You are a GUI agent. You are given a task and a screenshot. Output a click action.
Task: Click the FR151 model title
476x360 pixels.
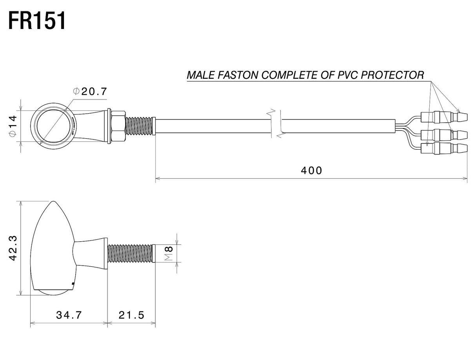(x=37, y=21)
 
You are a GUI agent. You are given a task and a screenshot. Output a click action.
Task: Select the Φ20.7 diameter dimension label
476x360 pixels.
(x=90, y=91)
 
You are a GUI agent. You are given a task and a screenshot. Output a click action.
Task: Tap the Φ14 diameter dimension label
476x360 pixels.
(x=13, y=126)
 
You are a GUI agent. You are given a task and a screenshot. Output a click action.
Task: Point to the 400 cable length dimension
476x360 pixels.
(x=311, y=171)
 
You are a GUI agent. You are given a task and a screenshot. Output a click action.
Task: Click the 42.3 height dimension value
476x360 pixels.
(x=13, y=248)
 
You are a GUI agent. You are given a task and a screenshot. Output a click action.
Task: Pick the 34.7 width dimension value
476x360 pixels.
(x=69, y=315)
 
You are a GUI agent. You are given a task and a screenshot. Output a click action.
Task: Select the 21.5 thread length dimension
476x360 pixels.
(x=131, y=315)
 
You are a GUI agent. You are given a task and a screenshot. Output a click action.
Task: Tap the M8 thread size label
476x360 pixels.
(x=169, y=253)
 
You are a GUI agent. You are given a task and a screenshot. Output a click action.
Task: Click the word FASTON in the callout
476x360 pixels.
(x=238, y=75)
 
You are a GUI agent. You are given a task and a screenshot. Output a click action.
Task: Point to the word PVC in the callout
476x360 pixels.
(x=348, y=75)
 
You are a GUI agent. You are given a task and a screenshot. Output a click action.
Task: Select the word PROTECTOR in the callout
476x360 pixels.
(x=392, y=75)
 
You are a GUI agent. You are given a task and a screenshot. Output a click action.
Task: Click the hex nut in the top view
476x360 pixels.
(x=118, y=126)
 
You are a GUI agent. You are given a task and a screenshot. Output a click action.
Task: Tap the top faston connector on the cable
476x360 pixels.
(x=444, y=117)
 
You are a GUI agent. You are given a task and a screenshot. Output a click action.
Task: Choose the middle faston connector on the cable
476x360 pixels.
(x=444, y=135)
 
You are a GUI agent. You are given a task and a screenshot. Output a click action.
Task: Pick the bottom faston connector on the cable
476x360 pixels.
(x=444, y=148)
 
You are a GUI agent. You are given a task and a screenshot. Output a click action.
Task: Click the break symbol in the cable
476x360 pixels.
(x=276, y=123)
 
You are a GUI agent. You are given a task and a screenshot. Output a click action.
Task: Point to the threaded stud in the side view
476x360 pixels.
(x=132, y=253)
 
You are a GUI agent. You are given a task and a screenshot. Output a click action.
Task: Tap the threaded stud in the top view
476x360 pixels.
(x=140, y=126)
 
